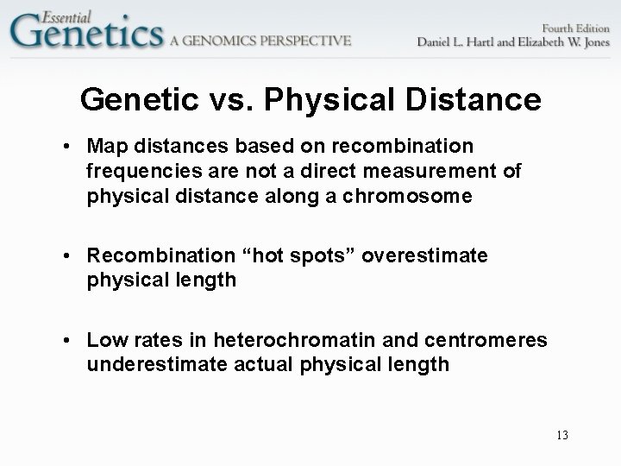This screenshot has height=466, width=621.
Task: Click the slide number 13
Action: tap(561, 436)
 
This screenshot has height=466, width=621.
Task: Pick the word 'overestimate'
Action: tap(426, 256)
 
